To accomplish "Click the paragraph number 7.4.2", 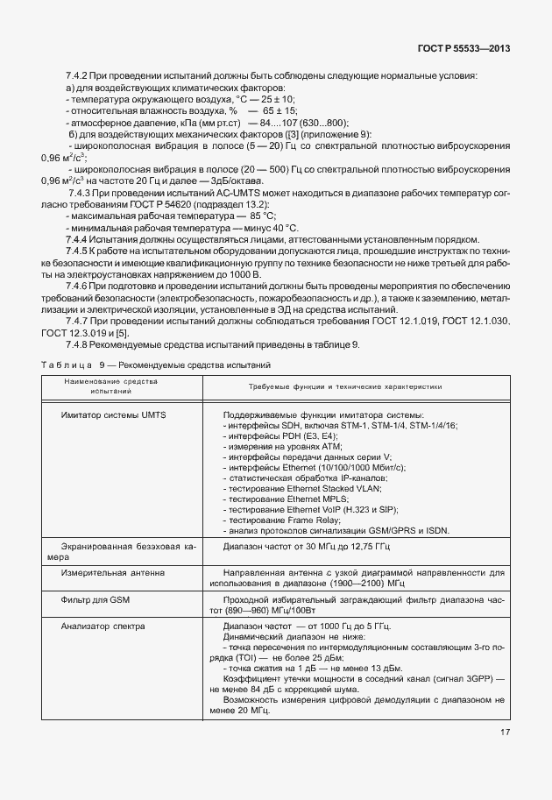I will tap(78, 76).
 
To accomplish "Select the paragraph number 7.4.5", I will tap(78, 251).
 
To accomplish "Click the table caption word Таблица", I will tap(67, 364).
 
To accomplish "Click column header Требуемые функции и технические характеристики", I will tap(333, 385).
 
